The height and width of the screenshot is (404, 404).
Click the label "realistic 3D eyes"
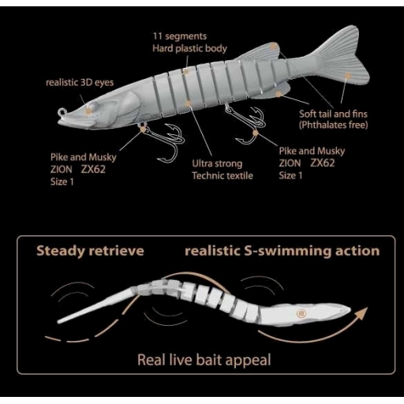[80, 83]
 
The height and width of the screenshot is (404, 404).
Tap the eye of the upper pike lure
[92, 107]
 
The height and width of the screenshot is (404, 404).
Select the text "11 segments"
[180, 36]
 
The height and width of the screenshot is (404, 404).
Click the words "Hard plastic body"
[189, 48]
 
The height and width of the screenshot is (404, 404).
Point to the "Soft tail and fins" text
[333, 114]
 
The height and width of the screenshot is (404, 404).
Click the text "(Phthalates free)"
[333, 125]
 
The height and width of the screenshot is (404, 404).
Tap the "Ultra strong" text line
[217, 163]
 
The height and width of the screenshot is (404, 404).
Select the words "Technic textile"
[223, 176]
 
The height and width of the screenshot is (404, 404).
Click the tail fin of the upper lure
[342, 57]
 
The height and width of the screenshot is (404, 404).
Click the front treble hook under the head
[164, 140]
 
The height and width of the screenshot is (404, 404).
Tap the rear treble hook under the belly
[246, 122]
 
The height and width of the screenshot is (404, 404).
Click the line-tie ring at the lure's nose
[62, 113]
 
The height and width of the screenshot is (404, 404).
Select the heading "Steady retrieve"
[90, 251]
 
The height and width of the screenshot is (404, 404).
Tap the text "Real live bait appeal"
[204, 360]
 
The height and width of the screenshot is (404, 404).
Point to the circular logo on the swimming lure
[301, 313]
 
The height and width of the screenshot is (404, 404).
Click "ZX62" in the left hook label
[93, 169]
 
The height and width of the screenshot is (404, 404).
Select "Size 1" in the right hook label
[290, 175]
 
